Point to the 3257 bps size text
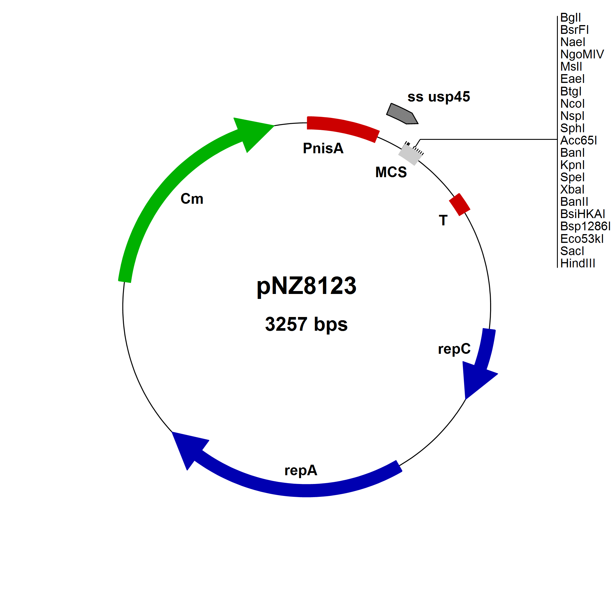[306, 324]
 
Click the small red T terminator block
[459, 204]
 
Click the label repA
[301, 470]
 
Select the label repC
[454, 349]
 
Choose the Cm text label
[192, 199]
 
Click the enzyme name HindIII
[577, 263]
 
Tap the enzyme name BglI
[570, 18]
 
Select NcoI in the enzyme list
[572, 104]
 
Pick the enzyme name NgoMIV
[582, 54]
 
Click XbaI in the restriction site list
[572, 189]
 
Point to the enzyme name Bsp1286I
[585, 226]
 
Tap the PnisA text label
[323, 148]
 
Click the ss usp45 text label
[438, 97]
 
